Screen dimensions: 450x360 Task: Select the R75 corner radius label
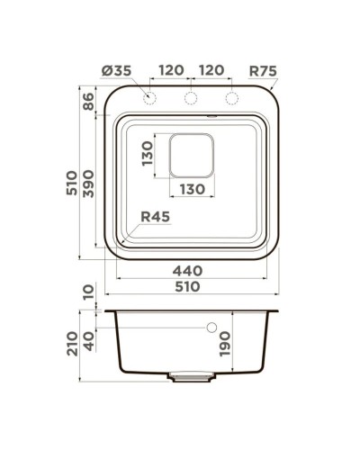coord(261,69)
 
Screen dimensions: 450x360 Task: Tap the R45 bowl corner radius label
coord(155,215)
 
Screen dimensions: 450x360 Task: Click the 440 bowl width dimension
coord(186,270)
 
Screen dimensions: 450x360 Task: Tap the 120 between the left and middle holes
coord(173,69)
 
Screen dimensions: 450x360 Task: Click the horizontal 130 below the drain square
coord(193,189)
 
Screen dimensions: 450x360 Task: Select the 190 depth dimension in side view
coord(225,343)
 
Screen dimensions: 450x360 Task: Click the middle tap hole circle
coord(191,98)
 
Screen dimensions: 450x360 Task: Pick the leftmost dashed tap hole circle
coord(148,98)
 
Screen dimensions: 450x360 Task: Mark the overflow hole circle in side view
coord(212,328)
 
